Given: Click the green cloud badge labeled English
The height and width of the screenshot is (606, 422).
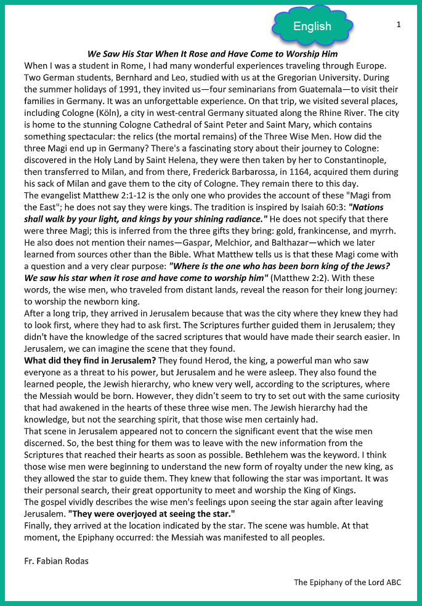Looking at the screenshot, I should [x=312, y=26].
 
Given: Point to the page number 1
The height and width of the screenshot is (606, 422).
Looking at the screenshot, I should [x=399, y=25].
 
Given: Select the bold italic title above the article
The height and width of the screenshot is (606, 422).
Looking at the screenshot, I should [x=213, y=54].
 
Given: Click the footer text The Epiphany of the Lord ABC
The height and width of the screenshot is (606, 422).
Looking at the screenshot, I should [x=347, y=582].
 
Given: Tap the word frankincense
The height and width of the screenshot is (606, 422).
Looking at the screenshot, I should [x=325, y=232].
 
